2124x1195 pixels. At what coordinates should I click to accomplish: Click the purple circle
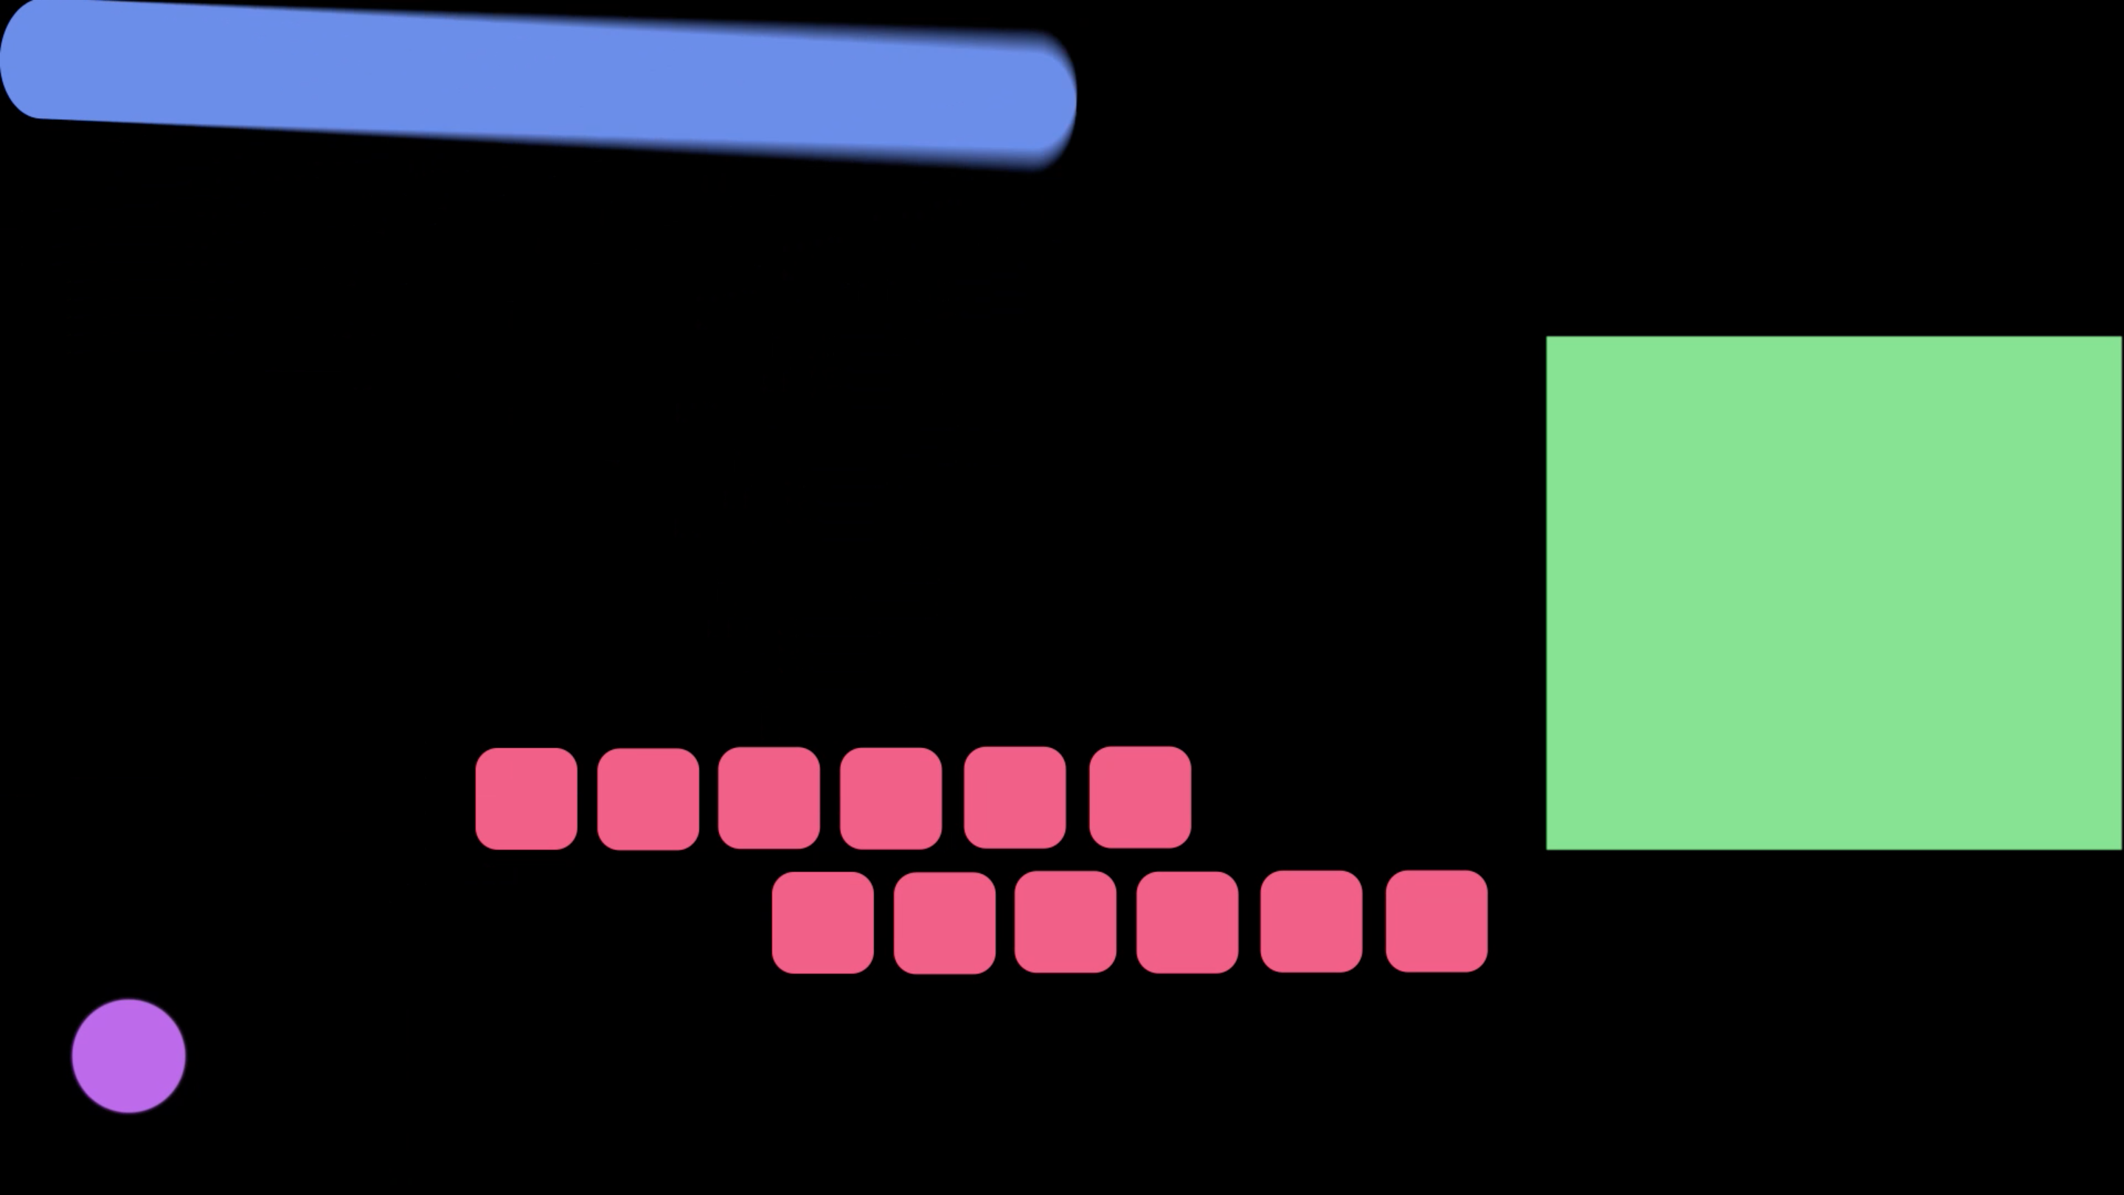128,1056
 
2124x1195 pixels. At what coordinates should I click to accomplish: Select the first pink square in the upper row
526,798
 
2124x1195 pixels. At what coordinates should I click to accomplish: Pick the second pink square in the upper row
648,798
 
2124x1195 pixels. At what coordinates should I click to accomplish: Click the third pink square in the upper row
768,797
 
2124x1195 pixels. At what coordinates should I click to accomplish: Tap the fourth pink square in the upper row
890,798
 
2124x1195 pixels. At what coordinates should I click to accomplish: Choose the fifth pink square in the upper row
1014,797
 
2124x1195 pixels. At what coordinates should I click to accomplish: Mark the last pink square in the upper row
1139,797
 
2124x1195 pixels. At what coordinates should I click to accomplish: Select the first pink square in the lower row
823,922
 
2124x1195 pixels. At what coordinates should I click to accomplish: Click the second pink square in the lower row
944,922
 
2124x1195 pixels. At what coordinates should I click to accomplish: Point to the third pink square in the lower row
1065,921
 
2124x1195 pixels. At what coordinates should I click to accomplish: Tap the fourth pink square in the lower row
1187,922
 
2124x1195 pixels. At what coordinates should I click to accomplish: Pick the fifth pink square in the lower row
1311,921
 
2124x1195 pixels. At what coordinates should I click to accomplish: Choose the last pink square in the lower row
1437,921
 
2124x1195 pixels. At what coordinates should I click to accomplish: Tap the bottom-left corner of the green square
1549,846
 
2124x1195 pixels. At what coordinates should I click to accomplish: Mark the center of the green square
1833,592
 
